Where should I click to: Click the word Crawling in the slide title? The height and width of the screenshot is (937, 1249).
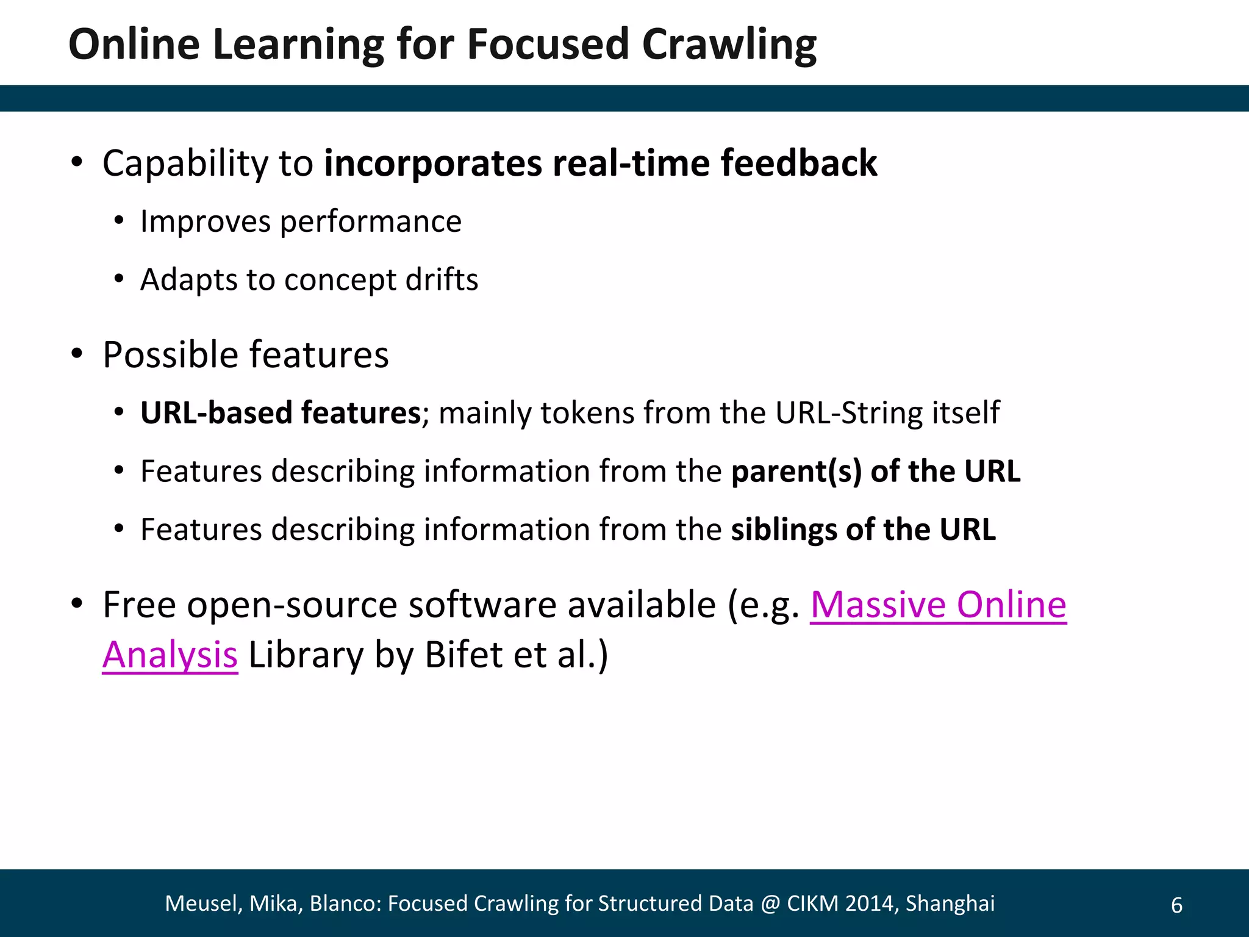(x=729, y=45)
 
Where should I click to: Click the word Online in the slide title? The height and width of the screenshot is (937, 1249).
(x=134, y=45)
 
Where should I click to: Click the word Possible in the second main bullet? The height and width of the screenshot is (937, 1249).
(x=170, y=355)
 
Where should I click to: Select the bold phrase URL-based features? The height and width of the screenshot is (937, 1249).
(x=281, y=413)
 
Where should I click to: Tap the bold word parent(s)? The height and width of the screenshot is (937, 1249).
(x=796, y=472)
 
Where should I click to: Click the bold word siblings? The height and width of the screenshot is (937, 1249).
(x=783, y=530)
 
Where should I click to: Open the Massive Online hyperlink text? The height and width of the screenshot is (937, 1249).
(x=938, y=605)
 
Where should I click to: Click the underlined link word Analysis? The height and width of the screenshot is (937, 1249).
(x=170, y=656)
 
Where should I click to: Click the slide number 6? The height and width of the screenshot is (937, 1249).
(x=1176, y=905)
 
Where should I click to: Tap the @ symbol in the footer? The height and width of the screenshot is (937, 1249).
(x=770, y=903)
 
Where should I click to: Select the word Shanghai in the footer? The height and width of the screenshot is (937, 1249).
(x=950, y=903)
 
